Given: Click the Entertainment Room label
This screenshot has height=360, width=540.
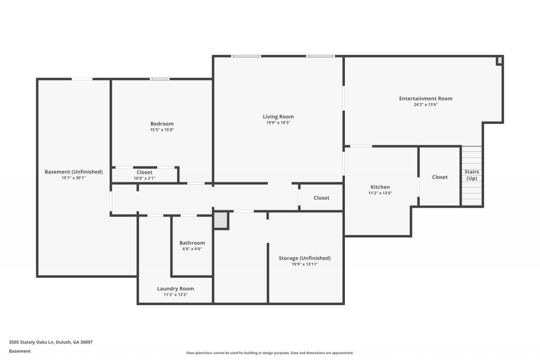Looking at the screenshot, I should (x=426, y=99).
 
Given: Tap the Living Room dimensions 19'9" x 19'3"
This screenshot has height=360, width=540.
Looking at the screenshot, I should (x=278, y=123).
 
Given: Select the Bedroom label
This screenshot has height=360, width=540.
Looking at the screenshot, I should (x=162, y=124).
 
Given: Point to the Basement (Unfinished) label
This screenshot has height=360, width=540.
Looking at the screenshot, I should (x=73, y=172).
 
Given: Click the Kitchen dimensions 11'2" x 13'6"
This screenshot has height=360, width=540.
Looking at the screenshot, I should (x=380, y=193).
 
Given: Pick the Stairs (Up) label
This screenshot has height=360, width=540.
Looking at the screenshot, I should (x=471, y=175).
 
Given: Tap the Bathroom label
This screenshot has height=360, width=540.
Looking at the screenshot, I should (x=192, y=243).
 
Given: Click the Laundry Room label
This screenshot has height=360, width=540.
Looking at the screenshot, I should (x=175, y=288).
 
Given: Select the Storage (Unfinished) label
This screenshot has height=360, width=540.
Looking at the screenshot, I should (x=304, y=258).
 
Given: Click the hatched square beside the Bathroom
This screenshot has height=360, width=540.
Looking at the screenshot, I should (x=220, y=220).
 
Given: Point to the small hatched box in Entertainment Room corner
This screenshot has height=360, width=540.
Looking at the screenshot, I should (x=499, y=61).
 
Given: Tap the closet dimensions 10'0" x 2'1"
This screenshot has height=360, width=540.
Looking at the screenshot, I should (x=144, y=179).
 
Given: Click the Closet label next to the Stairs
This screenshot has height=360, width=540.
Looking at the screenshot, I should (x=439, y=177).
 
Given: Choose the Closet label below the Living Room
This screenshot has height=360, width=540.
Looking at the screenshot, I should (x=321, y=198).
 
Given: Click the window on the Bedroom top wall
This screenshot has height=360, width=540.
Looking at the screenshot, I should (x=159, y=79).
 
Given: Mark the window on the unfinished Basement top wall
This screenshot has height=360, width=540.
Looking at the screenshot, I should (x=82, y=79).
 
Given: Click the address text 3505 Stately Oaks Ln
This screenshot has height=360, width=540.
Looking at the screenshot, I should (x=51, y=342).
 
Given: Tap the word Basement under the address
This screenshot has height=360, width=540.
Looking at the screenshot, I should (x=20, y=351).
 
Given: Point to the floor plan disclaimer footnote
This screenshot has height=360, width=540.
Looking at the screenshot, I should (x=269, y=353).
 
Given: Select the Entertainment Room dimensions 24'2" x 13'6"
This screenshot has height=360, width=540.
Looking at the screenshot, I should (x=426, y=105).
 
